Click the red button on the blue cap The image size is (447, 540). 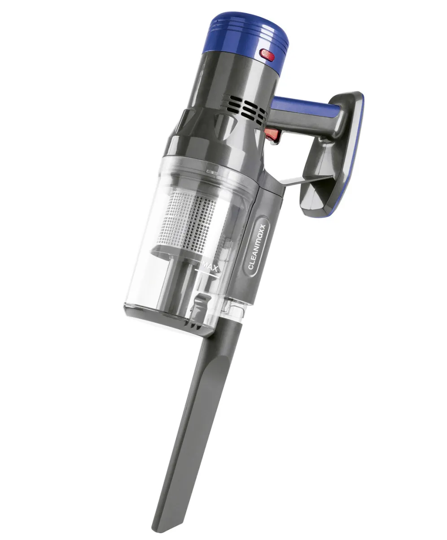click(267, 55)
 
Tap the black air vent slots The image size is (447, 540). click(244, 107)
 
